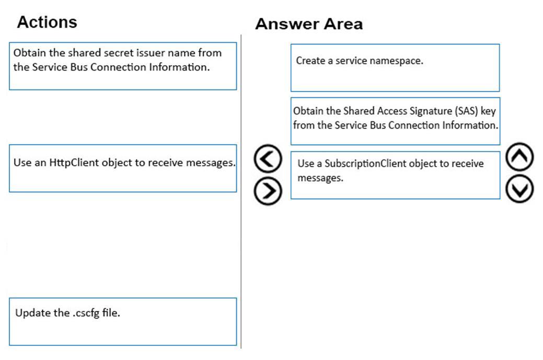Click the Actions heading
47,22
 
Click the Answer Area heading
309,24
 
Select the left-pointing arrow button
268,158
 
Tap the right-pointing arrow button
268,191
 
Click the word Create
310,61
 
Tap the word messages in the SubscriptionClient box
320,178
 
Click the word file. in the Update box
111,312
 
